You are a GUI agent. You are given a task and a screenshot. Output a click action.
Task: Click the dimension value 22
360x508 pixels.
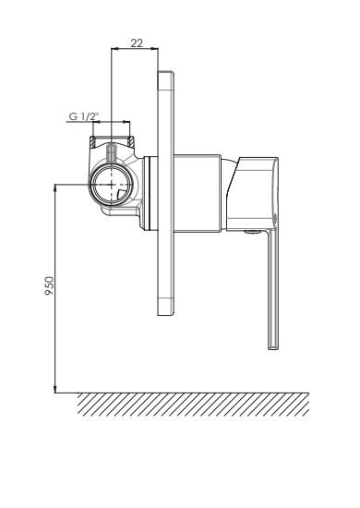pyautogui.click(x=137, y=43)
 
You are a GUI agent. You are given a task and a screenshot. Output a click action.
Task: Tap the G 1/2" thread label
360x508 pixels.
pyautogui.click(x=84, y=116)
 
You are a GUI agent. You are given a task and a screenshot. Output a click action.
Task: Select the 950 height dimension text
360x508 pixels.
pyautogui.click(x=49, y=285)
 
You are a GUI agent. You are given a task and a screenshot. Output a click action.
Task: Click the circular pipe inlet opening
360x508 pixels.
pyautogui.click(x=112, y=185)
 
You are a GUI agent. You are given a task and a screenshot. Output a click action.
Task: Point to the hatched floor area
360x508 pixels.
pyautogui.click(x=193, y=404)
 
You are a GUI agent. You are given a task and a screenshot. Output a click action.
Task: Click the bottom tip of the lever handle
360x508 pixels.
pyautogui.click(x=273, y=349)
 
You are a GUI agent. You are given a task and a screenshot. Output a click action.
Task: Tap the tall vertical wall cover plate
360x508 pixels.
pyautogui.click(x=166, y=193)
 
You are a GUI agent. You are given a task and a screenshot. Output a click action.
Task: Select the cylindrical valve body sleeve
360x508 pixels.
pyautogui.click(x=198, y=194)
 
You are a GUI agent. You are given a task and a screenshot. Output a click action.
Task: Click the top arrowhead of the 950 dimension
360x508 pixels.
pyautogui.click(x=55, y=187)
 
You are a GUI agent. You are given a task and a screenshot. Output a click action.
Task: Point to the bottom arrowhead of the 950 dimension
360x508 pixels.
pyautogui.click(x=55, y=390)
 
